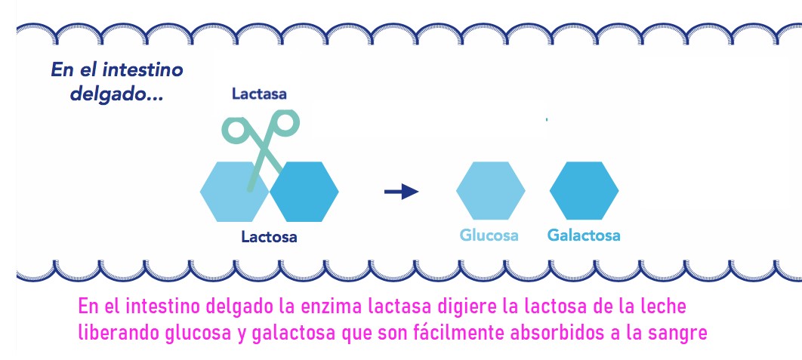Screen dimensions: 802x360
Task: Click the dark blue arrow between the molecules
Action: point(401,192)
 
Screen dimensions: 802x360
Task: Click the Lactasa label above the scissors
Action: point(259,94)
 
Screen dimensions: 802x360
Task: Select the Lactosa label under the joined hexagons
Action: point(269,237)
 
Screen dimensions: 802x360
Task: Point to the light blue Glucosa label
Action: point(489,235)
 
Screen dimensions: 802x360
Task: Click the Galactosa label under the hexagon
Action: point(584,235)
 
